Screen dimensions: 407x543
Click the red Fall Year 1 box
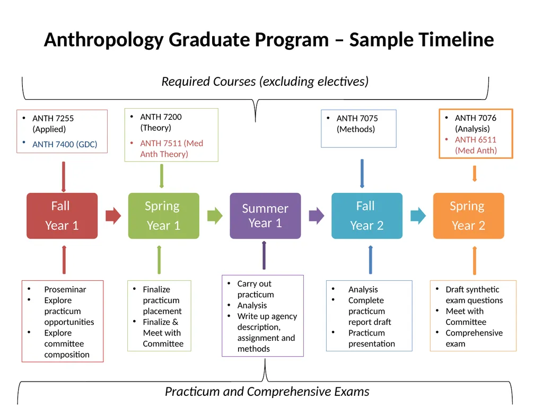tap(62, 216)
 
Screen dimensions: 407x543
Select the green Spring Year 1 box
tap(163, 216)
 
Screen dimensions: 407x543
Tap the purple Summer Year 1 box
tap(265, 216)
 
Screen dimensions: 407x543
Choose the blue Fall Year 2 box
tap(366, 216)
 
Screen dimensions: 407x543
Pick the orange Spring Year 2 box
tap(468, 216)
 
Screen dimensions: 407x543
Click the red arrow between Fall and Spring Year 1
tap(113, 216)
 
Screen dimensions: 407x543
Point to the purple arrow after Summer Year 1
tap(316, 216)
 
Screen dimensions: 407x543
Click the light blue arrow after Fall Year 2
tap(418, 216)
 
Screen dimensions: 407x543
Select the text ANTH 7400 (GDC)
tap(65, 144)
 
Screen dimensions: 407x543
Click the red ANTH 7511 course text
tap(171, 148)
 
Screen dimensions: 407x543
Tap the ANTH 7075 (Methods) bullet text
tap(357, 123)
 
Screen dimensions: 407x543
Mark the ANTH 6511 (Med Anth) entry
tap(476, 145)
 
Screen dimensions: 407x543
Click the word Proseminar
tap(65, 289)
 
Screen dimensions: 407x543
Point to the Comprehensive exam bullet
tap(474, 338)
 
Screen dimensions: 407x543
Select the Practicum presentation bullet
tap(371, 338)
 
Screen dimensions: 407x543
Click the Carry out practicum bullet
tap(255, 289)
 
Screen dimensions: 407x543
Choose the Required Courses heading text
tap(265, 82)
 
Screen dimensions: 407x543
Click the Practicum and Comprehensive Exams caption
tap(267, 392)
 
